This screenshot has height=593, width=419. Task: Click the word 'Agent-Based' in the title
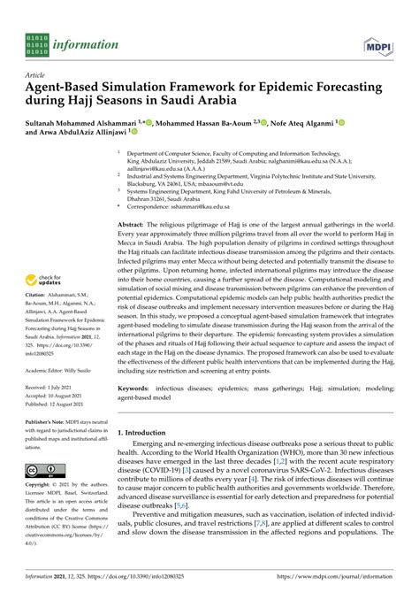[65, 89]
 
